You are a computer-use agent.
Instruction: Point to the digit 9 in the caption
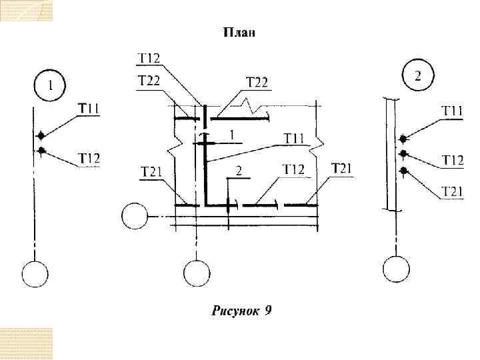tap(267, 310)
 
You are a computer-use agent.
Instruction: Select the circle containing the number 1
tap(49, 86)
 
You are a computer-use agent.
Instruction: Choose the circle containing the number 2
tap(417, 75)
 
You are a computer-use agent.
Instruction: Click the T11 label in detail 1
tap(89, 108)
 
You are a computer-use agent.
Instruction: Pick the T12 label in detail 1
tap(89, 158)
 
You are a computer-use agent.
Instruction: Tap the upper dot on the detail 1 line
tap(41, 135)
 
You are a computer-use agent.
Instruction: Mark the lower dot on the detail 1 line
tap(41, 151)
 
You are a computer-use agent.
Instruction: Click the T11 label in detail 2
tap(453, 111)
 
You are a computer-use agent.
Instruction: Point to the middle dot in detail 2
tap(403, 155)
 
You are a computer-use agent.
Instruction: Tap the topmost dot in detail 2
tap(403, 139)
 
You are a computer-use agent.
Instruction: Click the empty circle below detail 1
tap(35, 274)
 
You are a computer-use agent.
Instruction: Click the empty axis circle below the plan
tap(196, 273)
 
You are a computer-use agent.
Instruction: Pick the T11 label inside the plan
tap(294, 138)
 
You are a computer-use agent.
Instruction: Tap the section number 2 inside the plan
tap(239, 171)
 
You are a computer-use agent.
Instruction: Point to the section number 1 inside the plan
tap(231, 135)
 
